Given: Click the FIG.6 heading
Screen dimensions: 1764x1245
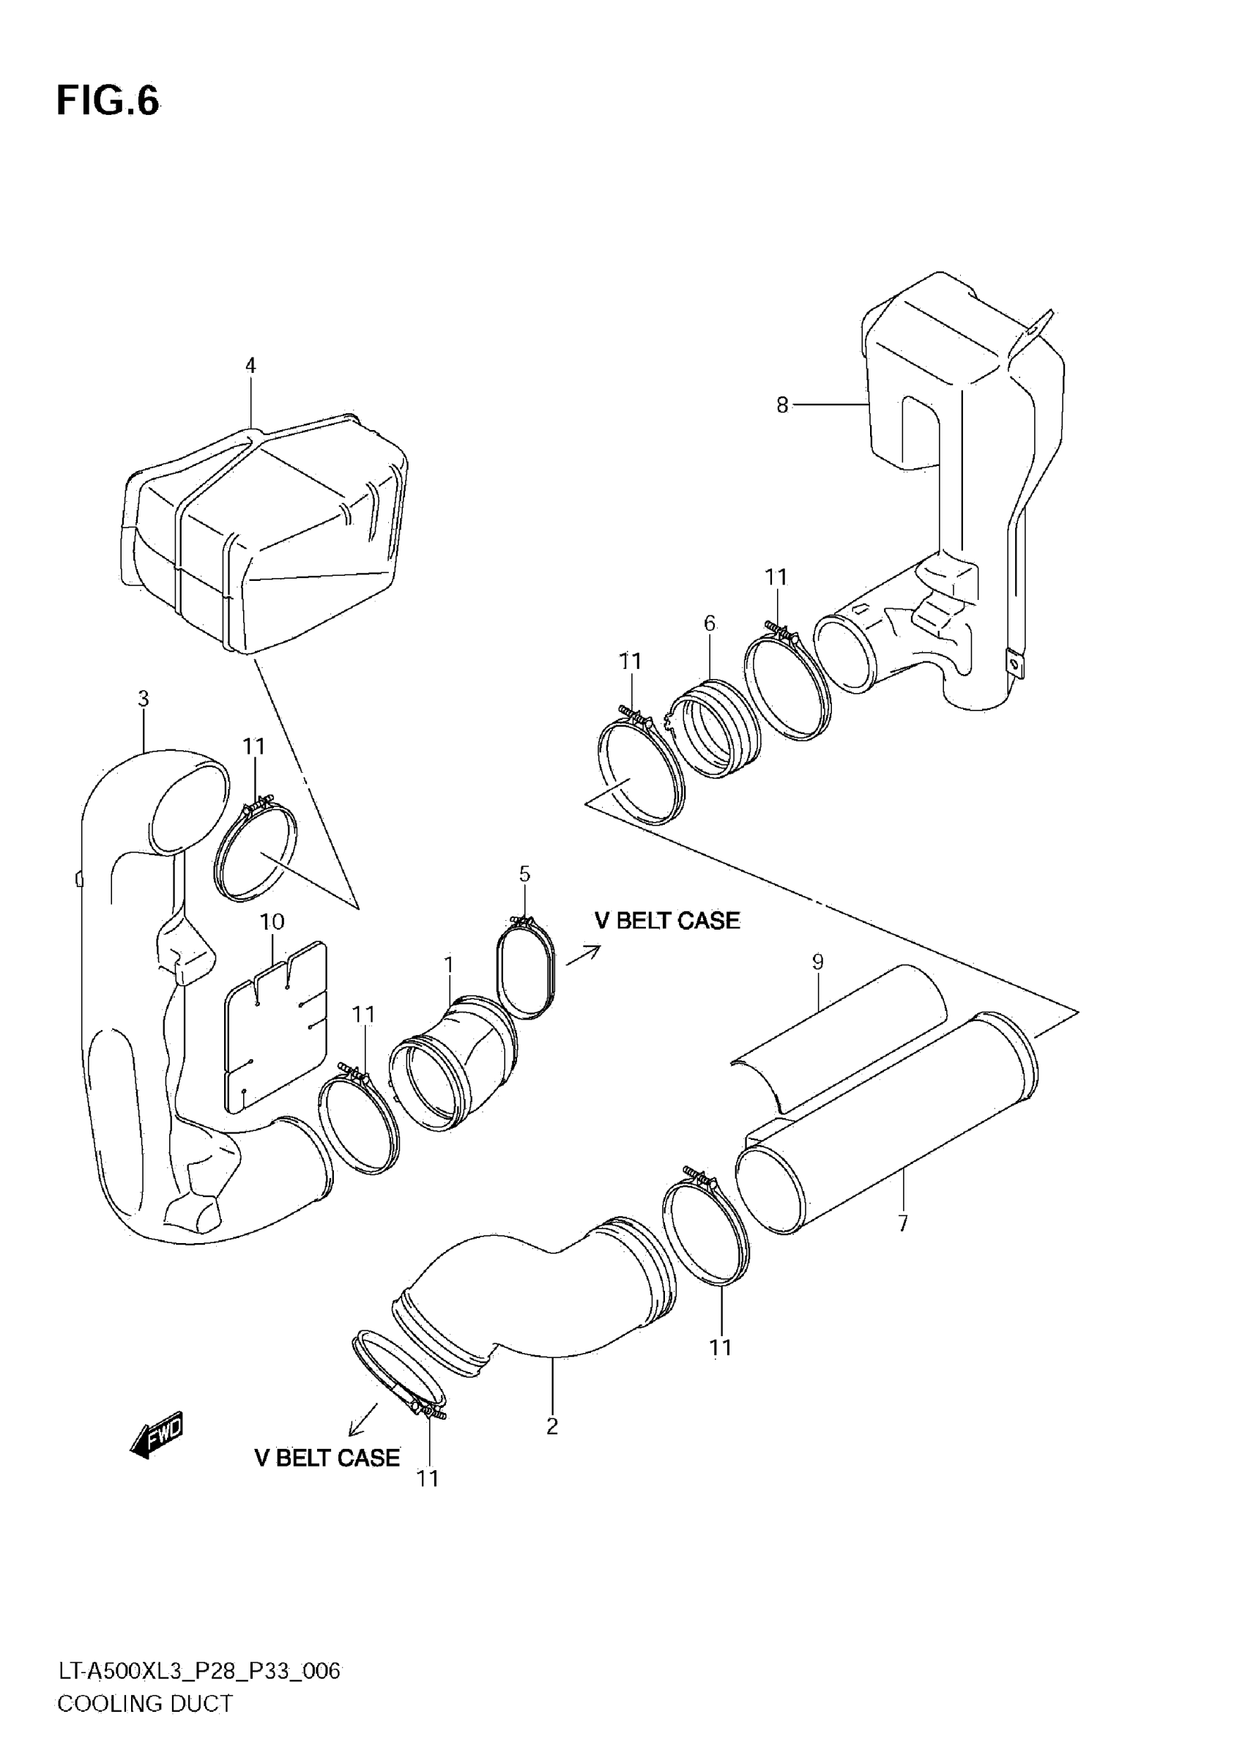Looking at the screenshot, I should (x=108, y=100).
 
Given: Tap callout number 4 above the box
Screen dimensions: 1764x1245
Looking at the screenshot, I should (x=250, y=366).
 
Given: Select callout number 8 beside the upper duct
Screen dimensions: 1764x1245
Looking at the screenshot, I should (x=782, y=405).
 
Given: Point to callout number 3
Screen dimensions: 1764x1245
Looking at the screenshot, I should (x=143, y=698).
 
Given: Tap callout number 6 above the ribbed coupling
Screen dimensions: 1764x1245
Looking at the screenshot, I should (x=710, y=623).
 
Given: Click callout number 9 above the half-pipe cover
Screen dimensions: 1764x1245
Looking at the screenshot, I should (x=818, y=961).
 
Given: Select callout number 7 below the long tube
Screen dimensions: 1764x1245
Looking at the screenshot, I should (x=903, y=1223).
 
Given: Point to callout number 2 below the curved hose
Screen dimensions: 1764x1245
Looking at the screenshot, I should (x=552, y=1426).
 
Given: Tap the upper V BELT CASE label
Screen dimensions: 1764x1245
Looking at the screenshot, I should (x=666, y=920).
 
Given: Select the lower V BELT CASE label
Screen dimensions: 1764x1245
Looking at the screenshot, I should (x=327, y=1458).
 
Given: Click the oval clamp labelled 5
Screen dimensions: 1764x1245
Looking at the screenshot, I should (x=525, y=969).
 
